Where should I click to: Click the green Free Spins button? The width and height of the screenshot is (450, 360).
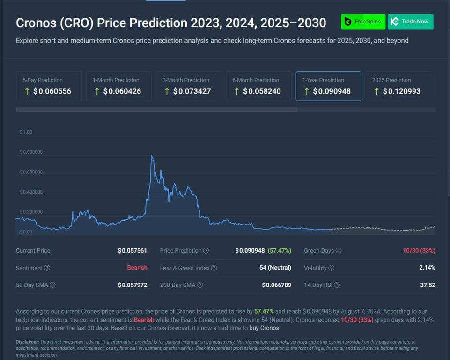click(363, 22)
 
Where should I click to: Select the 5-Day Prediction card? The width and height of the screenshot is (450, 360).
click(49, 86)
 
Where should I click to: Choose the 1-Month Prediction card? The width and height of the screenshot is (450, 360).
click(118, 86)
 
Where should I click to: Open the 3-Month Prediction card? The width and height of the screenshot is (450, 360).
click(188, 86)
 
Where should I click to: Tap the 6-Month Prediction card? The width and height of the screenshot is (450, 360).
click(258, 86)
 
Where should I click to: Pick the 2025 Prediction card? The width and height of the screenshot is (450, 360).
click(398, 86)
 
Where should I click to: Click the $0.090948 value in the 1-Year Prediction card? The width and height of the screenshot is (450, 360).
click(332, 91)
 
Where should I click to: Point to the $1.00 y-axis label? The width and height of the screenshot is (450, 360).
click(26, 132)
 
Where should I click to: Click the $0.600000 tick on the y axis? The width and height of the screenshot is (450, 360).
click(31, 172)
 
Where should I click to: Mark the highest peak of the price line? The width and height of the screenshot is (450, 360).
click(151, 155)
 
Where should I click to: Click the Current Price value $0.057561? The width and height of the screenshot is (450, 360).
click(133, 251)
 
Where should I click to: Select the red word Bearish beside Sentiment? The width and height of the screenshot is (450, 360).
click(137, 268)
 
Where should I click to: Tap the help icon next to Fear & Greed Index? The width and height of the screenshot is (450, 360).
click(214, 268)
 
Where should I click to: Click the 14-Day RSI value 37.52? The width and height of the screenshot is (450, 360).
click(428, 285)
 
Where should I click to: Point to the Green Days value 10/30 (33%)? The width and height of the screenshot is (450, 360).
click(419, 251)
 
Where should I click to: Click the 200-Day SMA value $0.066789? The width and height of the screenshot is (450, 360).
click(276, 285)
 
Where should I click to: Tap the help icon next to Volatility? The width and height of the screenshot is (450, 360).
click(332, 268)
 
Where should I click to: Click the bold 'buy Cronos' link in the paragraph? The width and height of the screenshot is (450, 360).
click(264, 328)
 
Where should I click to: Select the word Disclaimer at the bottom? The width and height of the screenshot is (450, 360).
click(28, 342)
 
